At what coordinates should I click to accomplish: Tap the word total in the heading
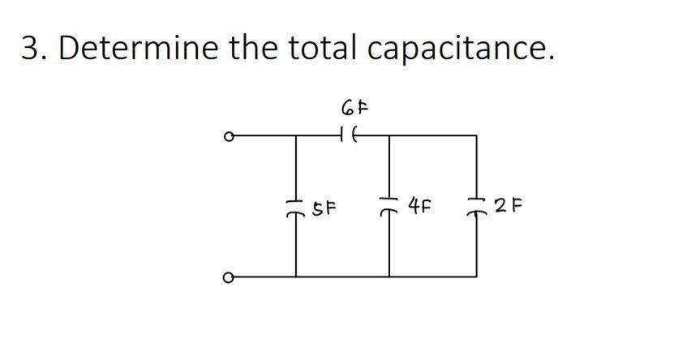coord(317,49)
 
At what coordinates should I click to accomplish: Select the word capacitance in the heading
coord(461,49)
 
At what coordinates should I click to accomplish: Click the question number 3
coord(32,49)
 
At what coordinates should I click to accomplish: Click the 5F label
coord(326,207)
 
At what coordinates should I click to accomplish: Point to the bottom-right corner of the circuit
coord(476,276)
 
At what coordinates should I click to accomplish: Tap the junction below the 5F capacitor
coord(295,276)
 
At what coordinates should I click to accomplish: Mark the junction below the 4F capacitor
coord(390,276)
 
